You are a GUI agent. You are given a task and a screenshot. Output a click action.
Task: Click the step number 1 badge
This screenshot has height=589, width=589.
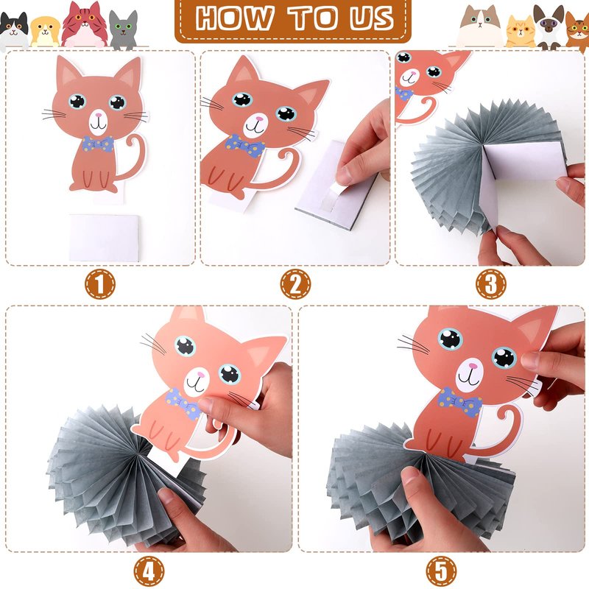(100, 284)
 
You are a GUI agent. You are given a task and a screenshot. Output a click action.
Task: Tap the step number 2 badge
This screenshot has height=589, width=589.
(296, 284)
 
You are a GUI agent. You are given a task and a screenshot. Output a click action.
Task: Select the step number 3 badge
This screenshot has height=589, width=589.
(490, 284)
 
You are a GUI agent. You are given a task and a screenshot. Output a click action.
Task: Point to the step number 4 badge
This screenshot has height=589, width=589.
(149, 571)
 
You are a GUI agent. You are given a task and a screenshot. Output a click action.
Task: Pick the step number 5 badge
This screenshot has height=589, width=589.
(441, 571)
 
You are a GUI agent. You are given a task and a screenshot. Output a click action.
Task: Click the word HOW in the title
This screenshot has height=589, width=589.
(234, 18)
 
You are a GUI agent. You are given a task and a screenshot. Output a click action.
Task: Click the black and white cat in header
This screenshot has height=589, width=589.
(14, 31)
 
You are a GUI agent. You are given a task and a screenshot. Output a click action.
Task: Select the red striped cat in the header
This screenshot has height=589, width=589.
(85, 24)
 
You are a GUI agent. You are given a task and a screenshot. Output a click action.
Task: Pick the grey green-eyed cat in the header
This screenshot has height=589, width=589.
(124, 30)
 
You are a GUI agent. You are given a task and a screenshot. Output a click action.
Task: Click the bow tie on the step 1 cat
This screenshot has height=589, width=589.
(98, 144)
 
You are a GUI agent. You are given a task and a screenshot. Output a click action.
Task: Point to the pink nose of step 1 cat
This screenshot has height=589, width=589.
(99, 115)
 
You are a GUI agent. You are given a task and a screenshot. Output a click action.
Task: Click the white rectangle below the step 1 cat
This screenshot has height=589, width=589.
(104, 237)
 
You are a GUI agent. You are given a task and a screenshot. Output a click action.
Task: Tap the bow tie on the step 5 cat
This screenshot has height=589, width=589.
(459, 402)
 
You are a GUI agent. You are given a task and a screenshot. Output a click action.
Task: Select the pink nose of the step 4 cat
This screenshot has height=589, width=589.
(201, 375)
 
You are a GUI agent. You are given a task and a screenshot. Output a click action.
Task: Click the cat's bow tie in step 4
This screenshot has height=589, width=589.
(183, 403)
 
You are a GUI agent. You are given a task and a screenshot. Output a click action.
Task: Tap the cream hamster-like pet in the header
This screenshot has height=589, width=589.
(45, 32)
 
